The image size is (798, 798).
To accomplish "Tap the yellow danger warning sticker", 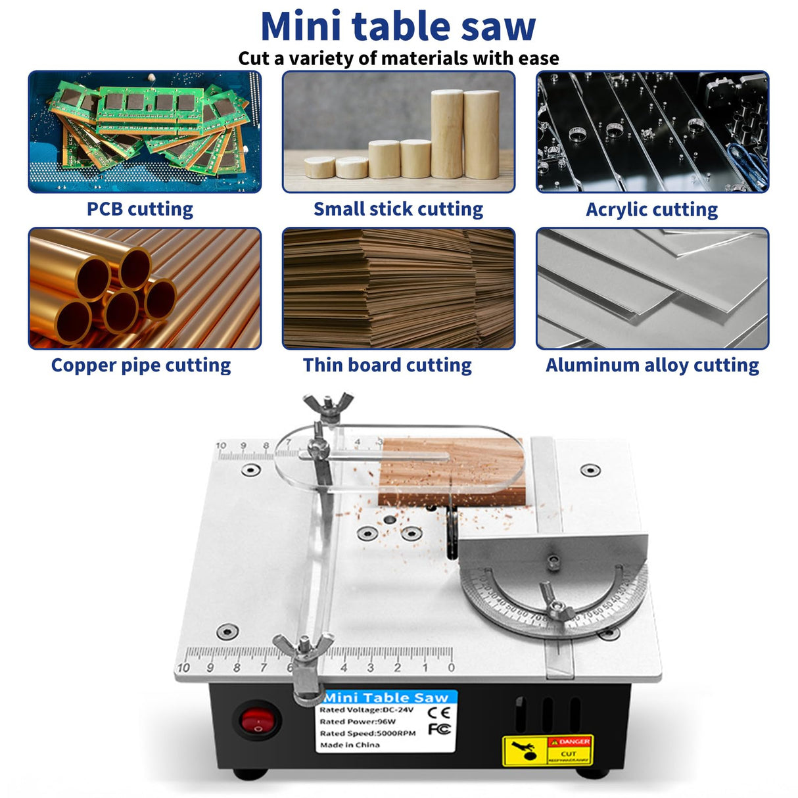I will [x=548, y=750].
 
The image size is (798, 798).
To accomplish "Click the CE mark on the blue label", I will [x=438, y=713].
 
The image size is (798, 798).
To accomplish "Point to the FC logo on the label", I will [x=439, y=729].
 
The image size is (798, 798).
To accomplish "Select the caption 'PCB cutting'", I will [x=140, y=209].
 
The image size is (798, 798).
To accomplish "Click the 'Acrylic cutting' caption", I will [x=651, y=210].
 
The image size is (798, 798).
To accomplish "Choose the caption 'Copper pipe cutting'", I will [x=141, y=365].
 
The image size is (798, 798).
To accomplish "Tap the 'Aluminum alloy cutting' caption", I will [x=652, y=365].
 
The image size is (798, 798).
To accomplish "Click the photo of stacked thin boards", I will [x=398, y=288].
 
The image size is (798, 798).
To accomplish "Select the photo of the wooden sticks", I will [x=398, y=131].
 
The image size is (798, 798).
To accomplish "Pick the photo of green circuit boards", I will [x=145, y=131].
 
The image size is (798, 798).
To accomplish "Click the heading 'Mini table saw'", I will [x=398, y=26].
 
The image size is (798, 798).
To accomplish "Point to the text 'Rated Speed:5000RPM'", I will [x=367, y=733].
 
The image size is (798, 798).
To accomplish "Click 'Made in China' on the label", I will [x=350, y=745].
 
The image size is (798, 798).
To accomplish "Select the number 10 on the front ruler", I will [x=183, y=668].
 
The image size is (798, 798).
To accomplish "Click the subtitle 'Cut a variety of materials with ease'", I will [x=398, y=59].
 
